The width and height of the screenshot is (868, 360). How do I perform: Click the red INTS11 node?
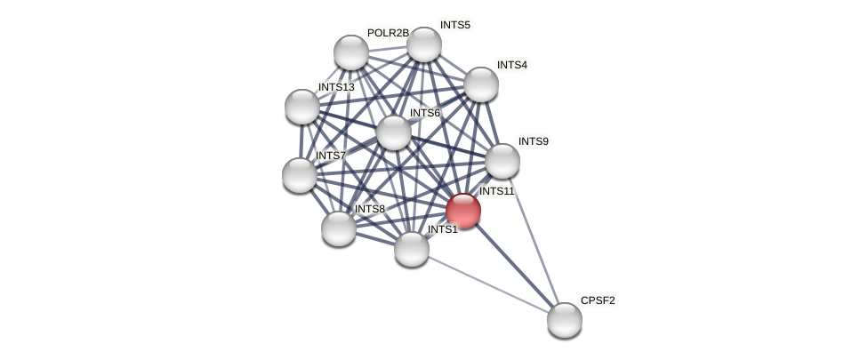(x=463, y=211)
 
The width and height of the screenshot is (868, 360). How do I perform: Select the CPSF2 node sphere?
(x=564, y=320)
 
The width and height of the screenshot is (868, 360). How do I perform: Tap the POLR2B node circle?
(x=351, y=52)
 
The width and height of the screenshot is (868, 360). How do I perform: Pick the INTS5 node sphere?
(x=424, y=44)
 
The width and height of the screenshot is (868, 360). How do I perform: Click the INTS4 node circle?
(x=481, y=84)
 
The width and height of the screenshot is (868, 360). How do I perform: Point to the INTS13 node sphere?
(x=302, y=107)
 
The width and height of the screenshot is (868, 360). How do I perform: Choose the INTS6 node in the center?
(x=394, y=132)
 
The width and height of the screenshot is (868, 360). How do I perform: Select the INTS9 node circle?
(x=502, y=161)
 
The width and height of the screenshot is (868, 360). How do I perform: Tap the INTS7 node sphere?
(x=300, y=174)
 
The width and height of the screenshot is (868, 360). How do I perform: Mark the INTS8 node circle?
(x=339, y=228)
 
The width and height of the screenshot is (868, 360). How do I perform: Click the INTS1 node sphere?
(x=412, y=249)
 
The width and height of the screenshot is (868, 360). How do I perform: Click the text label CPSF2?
(x=598, y=300)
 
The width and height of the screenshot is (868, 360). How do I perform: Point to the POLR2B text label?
(x=388, y=33)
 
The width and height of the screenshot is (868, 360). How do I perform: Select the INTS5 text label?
(x=454, y=25)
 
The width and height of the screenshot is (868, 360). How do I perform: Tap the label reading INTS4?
(x=511, y=65)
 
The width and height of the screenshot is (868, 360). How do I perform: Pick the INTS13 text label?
(x=336, y=87)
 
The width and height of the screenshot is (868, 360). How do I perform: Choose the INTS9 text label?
(x=534, y=141)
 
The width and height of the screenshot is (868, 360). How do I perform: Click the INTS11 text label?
(x=496, y=191)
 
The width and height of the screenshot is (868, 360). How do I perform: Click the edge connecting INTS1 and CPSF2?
(x=487, y=284)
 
